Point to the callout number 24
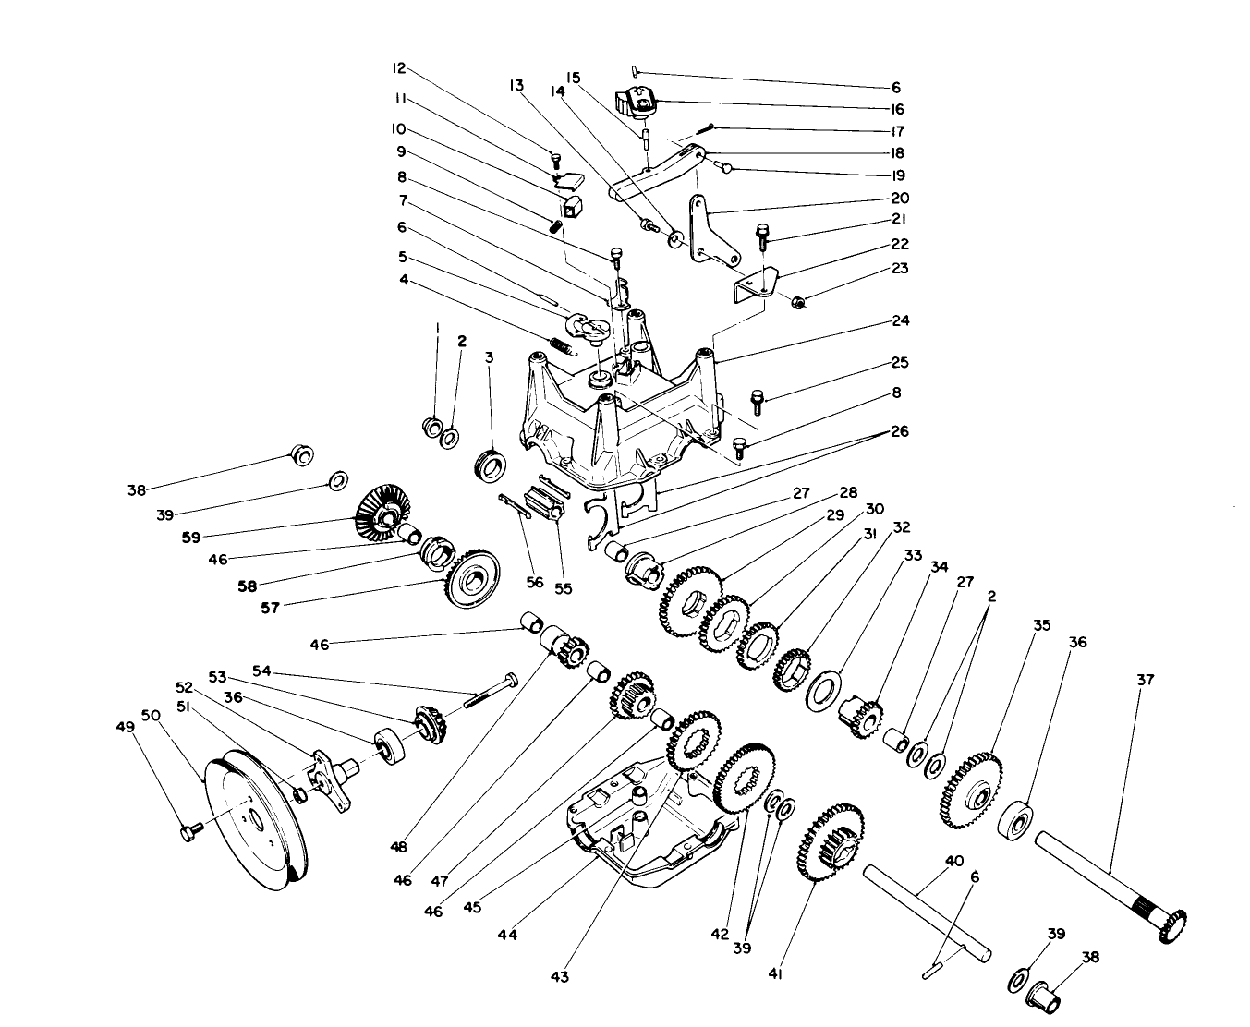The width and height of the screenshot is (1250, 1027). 901,320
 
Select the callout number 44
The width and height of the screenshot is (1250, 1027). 507,935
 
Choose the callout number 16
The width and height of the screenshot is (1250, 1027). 896,108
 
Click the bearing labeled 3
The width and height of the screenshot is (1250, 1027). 490,463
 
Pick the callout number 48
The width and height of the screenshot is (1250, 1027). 400,844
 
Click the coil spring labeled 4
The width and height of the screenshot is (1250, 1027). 561,345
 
